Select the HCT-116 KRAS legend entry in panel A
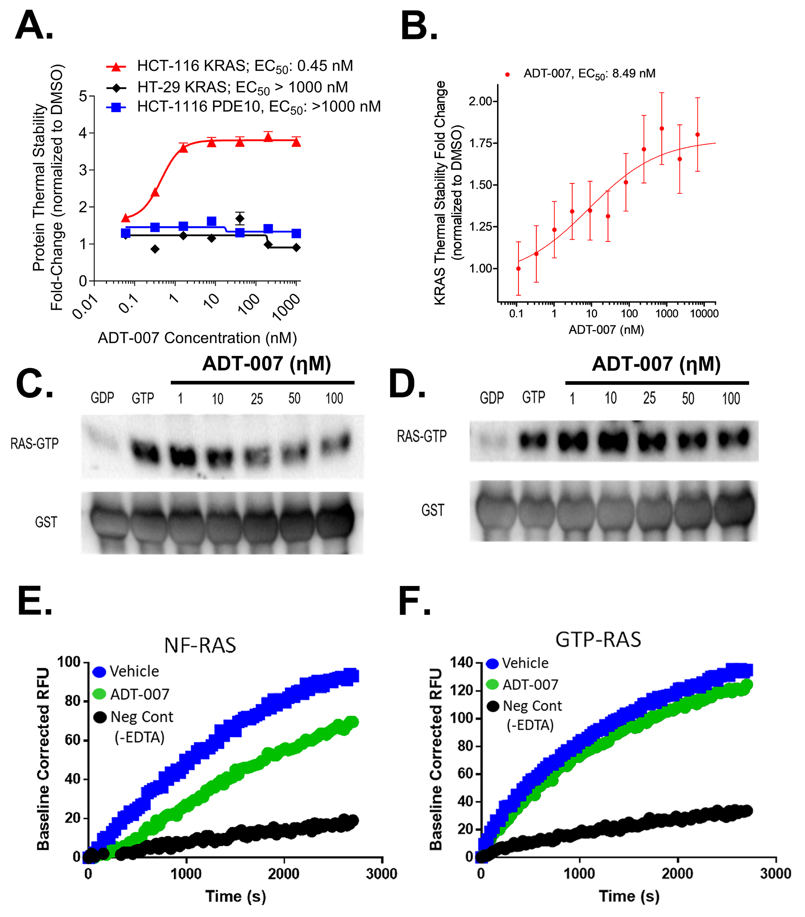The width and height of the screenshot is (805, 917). pyautogui.click(x=245, y=66)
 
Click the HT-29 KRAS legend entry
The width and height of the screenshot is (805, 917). pyautogui.click(x=242, y=87)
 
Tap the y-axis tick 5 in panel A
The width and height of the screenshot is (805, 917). pyautogui.click(x=83, y=96)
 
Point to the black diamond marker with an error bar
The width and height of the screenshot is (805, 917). pyautogui.click(x=240, y=219)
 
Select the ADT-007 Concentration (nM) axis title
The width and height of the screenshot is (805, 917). pyautogui.click(x=197, y=338)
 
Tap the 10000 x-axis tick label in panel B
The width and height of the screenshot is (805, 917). pyautogui.click(x=704, y=314)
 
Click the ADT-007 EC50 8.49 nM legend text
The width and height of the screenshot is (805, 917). pyautogui.click(x=589, y=73)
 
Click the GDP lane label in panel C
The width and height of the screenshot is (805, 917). pyautogui.click(x=102, y=398)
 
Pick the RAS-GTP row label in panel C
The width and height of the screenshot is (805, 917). pyautogui.click(x=35, y=444)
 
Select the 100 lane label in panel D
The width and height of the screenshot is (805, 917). pyautogui.click(x=730, y=398)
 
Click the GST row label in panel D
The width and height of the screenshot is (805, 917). pyautogui.click(x=432, y=510)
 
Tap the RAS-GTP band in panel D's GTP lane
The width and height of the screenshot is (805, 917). pyautogui.click(x=533, y=441)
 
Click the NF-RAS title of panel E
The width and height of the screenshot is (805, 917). pyautogui.click(x=200, y=645)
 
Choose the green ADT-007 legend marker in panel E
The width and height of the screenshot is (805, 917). pyautogui.click(x=99, y=694)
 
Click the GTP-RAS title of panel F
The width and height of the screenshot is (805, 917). pyautogui.click(x=598, y=639)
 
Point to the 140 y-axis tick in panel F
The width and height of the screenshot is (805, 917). pyautogui.click(x=462, y=662)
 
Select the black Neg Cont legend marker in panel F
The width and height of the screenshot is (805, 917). pyautogui.click(x=493, y=707)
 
